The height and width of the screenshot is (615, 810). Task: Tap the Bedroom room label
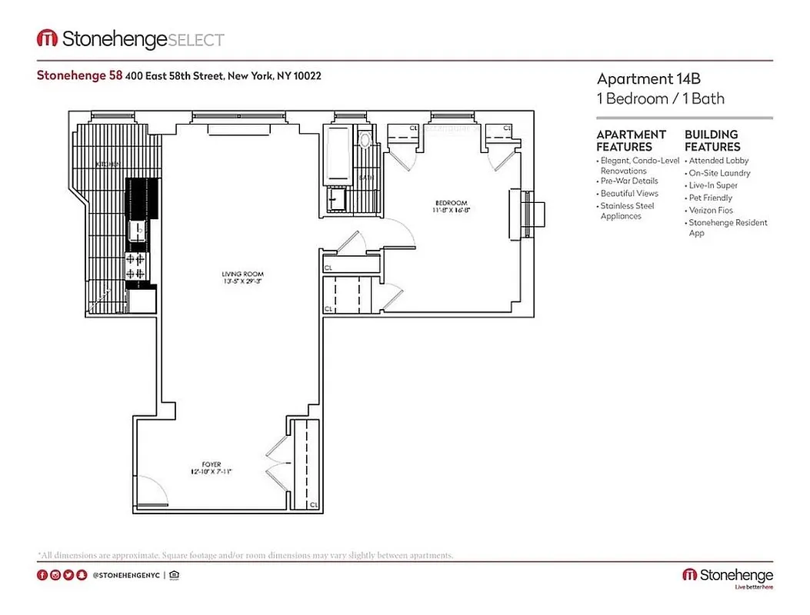point(448,204)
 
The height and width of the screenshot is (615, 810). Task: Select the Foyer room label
point(212,464)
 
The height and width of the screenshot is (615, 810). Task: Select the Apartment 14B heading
point(648,78)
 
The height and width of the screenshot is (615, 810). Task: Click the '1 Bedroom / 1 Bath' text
point(660,98)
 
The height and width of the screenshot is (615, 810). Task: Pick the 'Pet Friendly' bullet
point(710,198)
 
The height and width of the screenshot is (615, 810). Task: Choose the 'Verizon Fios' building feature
point(710,210)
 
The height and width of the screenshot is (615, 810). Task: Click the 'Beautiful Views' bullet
point(629,194)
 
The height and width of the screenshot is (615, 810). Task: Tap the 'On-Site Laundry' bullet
point(719,173)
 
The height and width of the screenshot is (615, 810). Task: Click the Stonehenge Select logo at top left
point(131,39)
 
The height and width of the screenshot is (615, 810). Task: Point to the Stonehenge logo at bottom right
point(727,577)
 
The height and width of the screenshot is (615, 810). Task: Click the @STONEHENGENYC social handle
point(126,575)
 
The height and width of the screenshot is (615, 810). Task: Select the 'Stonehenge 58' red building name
point(68,75)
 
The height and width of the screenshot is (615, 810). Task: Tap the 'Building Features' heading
point(712,140)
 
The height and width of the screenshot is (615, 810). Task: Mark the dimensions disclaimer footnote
point(245,554)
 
